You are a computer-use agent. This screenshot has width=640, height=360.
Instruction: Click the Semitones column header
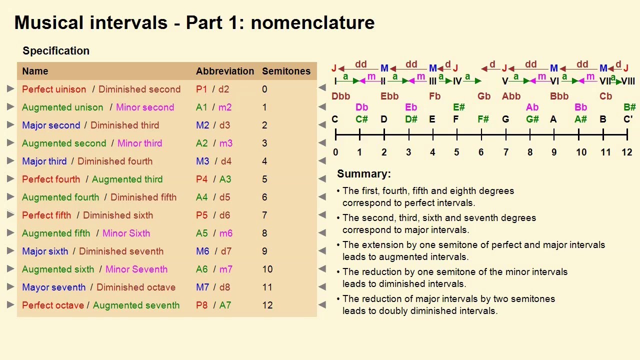pyautogui.click(x=286, y=71)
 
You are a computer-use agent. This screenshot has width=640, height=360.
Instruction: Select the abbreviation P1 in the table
pyautogui.click(x=201, y=89)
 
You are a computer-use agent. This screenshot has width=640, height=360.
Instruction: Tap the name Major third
pyautogui.click(x=44, y=161)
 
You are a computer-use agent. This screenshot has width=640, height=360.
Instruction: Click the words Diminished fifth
pyautogui.click(x=143, y=197)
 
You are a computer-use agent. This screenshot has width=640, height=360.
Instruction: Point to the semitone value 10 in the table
pyautogui.click(x=267, y=269)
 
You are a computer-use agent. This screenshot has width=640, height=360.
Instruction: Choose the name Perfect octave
pyautogui.click(x=53, y=305)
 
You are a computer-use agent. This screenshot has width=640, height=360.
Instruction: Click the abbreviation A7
pyautogui.click(x=225, y=305)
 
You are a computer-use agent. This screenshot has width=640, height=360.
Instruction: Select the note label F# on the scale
pyautogui.click(x=483, y=119)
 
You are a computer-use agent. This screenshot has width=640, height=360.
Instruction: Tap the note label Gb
pyautogui.click(x=483, y=96)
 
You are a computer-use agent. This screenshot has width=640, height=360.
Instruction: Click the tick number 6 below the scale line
pyautogui.click(x=481, y=152)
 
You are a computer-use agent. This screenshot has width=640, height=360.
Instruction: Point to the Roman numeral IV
pyautogui.click(x=457, y=81)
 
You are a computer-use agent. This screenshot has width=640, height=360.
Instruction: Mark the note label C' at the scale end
pyautogui.click(x=628, y=119)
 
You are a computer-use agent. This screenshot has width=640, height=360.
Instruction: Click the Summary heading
pyautogui.click(x=363, y=173)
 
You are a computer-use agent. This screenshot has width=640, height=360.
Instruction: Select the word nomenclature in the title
pyautogui.click(x=312, y=22)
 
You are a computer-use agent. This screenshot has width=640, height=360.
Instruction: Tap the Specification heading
pyautogui.click(x=56, y=50)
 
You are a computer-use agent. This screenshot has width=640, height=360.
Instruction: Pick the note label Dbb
pyautogui.click(x=340, y=96)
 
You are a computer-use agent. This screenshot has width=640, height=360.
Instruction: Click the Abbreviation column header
pyautogui.click(x=225, y=71)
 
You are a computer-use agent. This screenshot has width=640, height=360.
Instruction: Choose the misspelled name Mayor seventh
pyautogui.click(x=53, y=287)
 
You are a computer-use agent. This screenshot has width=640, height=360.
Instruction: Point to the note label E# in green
pyautogui.click(x=458, y=107)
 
